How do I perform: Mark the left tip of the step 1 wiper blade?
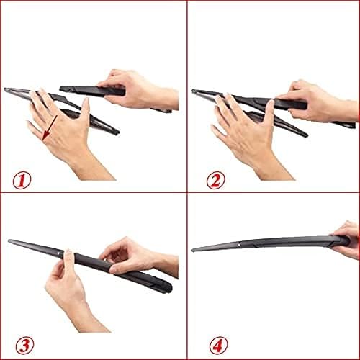click(x=6, y=90)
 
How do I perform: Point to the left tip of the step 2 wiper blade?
click(x=193, y=91)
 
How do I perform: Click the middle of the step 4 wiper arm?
click(x=266, y=243)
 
